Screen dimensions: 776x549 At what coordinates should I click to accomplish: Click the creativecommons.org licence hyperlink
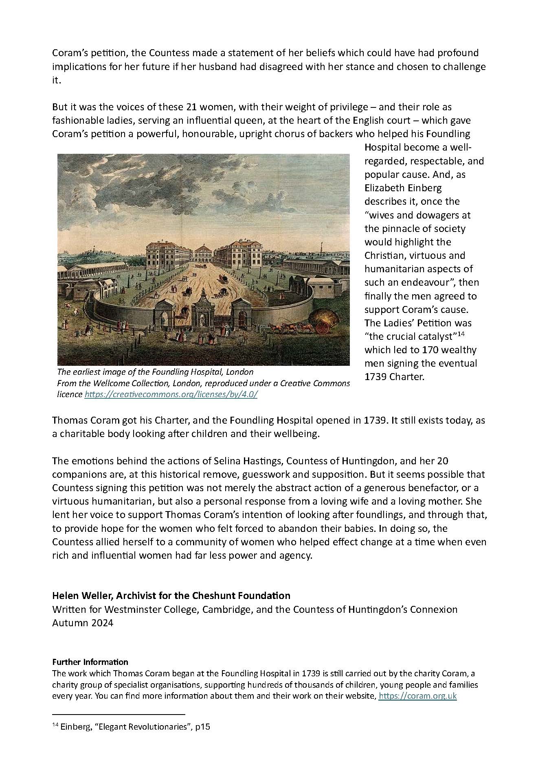pos(171,394)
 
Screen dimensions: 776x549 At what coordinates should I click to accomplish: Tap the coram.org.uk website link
pos(417,695)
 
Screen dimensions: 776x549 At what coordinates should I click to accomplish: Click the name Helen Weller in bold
pos(83,596)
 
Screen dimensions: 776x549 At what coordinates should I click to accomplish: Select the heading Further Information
pos(90,662)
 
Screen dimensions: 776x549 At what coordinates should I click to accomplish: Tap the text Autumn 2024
pos(82,623)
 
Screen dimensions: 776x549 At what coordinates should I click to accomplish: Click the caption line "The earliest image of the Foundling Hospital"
pos(155,372)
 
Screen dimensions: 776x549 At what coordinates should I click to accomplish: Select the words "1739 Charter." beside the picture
pos(394,377)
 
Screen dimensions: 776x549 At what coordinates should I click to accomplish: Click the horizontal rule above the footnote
pos(119,714)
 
